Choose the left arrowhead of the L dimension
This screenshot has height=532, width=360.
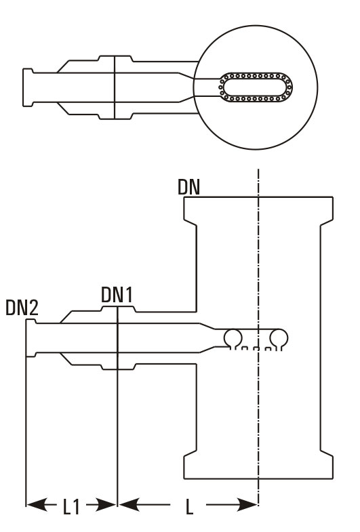(128, 505)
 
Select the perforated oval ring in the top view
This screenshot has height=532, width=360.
(254, 87)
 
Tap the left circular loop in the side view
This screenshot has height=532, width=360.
(233, 337)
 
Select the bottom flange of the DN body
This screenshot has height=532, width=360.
(258, 466)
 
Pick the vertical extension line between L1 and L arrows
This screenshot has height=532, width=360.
(117, 441)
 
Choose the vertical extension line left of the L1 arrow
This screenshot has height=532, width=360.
(26, 441)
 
